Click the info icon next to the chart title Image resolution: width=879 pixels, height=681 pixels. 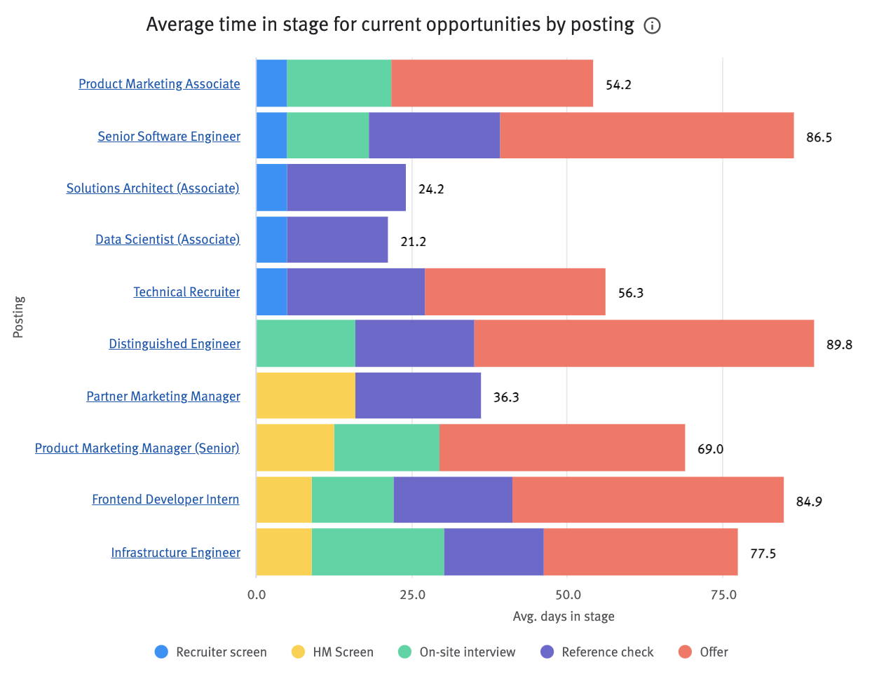(652, 26)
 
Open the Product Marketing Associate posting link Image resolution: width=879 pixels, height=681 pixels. (159, 84)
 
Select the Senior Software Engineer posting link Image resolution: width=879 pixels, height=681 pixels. (169, 137)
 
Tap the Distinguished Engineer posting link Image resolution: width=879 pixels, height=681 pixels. (175, 344)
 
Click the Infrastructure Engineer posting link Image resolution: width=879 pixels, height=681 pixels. (175, 553)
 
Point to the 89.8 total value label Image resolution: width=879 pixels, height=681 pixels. (839, 345)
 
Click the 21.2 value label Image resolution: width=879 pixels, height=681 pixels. (413, 242)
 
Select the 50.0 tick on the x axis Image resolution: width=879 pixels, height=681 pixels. (568, 595)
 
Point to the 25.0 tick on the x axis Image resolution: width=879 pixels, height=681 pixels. (412, 595)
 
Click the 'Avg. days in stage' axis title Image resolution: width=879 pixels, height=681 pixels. (564, 617)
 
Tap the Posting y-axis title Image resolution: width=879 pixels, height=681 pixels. (19, 317)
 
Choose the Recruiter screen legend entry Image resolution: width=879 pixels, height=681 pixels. (211, 652)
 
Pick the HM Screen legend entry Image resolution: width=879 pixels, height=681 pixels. (333, 652)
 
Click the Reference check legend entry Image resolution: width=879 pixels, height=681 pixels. (597, 652)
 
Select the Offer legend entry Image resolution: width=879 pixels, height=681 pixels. (704, 652)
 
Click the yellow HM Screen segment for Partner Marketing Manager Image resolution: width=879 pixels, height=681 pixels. (306, 396)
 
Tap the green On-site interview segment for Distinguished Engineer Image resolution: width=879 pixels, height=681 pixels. (306, 343)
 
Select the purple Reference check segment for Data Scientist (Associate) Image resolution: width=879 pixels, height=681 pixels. (337, 240)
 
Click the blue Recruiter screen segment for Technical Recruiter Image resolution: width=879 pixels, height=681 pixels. (271, 291)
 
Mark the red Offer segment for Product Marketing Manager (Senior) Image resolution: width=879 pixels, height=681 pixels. (562, 448)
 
